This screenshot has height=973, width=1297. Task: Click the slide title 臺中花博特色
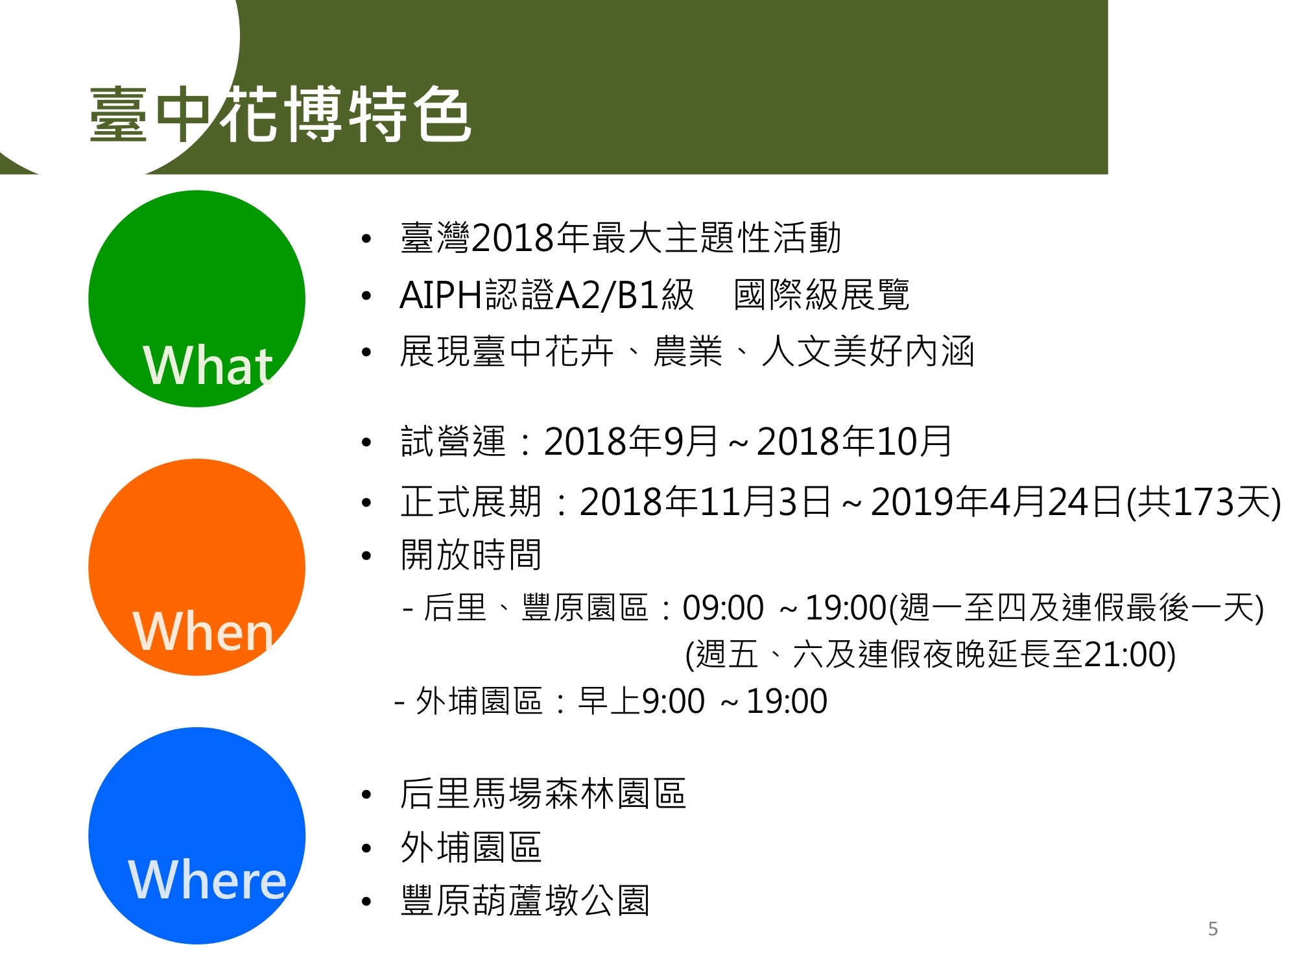280,114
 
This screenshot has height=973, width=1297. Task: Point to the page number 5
1213,929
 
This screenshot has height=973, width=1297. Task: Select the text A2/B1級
625,295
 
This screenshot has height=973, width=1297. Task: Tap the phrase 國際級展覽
821,295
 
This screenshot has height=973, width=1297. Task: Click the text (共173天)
1204,502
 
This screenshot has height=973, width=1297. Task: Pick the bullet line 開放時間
471,555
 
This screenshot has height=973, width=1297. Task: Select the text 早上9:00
641,701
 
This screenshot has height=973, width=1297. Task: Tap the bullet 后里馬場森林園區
543,794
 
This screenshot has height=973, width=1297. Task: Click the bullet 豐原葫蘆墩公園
525,900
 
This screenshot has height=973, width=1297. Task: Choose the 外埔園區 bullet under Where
471,847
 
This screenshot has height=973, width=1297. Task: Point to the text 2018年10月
854,441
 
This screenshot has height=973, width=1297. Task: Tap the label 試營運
453,441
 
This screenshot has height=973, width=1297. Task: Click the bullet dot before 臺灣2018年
366,239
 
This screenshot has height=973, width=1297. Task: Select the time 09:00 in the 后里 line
723,608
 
